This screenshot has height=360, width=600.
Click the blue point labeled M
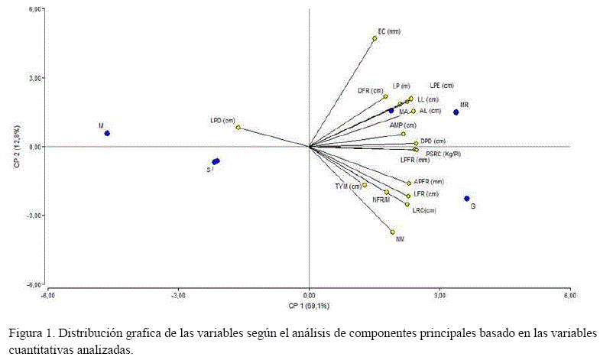coord(107,133)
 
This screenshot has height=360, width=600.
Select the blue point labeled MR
coord(456,112)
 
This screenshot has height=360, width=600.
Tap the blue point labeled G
coord(467,199)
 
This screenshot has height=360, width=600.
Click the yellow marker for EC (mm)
coord(375,38)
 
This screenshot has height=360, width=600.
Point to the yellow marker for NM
coord(393,232)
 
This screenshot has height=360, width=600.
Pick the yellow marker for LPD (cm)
coord(238,128)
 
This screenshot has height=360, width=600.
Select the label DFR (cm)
coord(370,90)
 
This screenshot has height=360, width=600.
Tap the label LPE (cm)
coord(442,86)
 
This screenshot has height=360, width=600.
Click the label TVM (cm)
coord(348,186)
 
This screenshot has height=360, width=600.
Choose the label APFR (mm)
coord(428,182)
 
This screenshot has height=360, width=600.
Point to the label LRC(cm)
coord(424,210)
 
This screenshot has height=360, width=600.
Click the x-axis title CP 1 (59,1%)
coord(308,306)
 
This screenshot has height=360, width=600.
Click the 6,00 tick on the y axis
coord(36,9)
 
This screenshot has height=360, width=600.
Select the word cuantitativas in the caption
coord(41,349)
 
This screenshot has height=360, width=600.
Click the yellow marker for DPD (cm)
coord(416,143)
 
